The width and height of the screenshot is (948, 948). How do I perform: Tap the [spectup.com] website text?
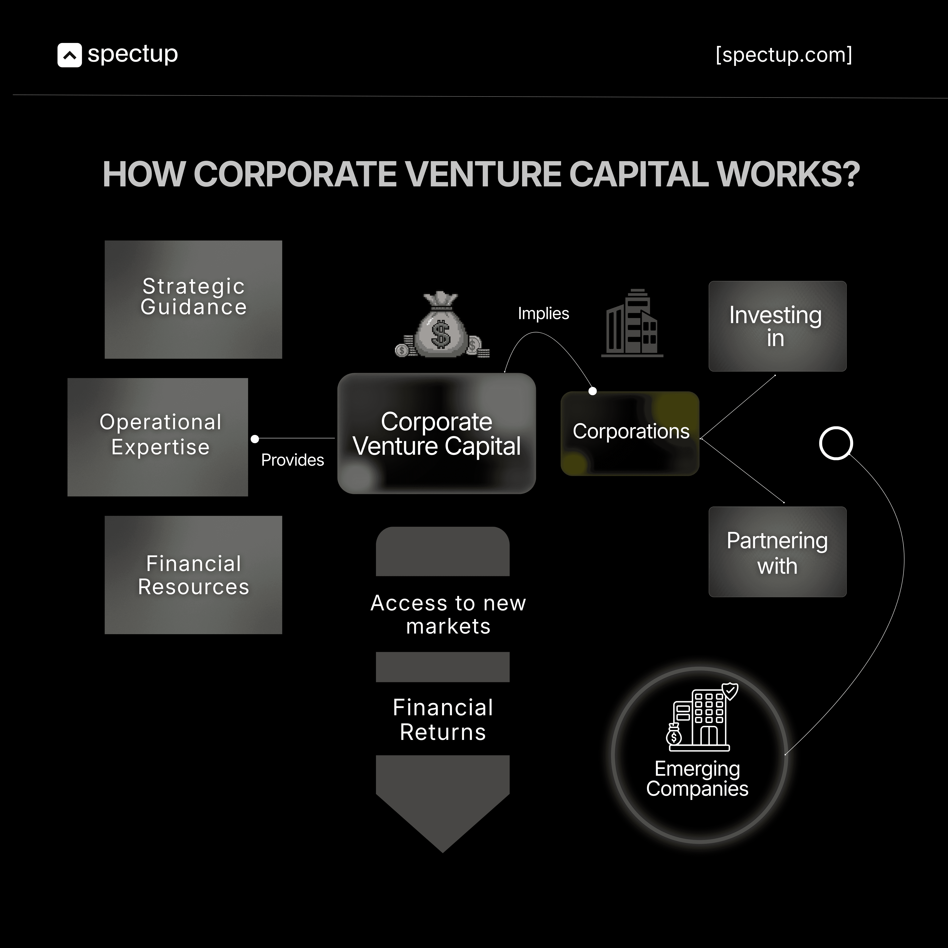coord(784,55)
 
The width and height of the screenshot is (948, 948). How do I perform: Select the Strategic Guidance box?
coord(193,299)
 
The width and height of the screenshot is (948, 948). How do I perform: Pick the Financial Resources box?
coord(193,575)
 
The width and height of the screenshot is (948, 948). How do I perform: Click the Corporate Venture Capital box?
coord(436,433)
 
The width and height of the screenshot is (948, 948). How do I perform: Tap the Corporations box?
coord(630,433)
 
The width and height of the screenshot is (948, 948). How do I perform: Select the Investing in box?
coord(777,326)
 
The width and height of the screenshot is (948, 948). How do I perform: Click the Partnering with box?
coord(777,552)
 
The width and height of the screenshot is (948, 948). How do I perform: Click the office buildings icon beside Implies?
coord(632,323)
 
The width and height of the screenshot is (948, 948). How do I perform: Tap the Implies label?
coord(543,314)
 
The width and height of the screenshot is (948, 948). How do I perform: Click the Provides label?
coord(293,460)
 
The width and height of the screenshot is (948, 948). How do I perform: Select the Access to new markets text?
coord(448,614)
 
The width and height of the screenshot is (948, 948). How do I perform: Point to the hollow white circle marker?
coord(836,443)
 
